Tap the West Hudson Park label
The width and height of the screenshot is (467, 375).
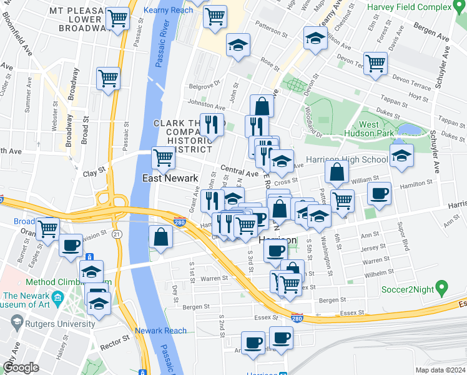[x=377, y=129]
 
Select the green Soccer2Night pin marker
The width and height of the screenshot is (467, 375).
[x=442, y=288]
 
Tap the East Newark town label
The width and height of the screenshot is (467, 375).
[x=170, y=178]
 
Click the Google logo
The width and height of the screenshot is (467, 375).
[x=21, y=367]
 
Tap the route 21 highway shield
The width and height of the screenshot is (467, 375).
[x=118, y=233]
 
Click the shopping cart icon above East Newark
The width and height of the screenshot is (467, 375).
[x=163, y=157]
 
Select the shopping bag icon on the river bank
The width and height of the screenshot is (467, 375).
[x=161, y=236]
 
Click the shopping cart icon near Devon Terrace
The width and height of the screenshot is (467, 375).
[x=375, y=62]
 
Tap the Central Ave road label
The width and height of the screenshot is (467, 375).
[x=238, y=171]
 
